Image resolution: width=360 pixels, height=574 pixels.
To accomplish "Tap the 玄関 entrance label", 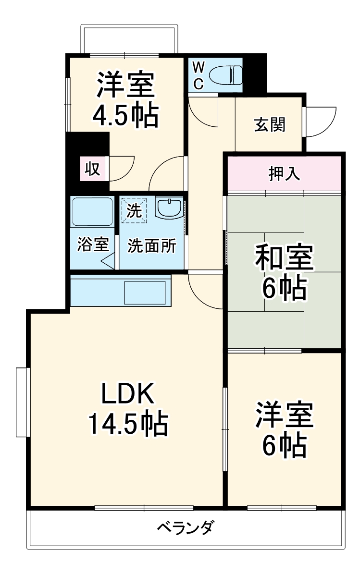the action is (270, 125).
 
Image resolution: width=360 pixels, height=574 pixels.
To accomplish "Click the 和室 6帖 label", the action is (284, 271).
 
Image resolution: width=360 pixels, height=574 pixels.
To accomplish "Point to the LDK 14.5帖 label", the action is (128, 409).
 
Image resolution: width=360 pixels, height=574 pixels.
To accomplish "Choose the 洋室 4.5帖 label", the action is (125, 100).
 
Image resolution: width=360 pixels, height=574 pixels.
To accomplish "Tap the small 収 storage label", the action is (93, 169).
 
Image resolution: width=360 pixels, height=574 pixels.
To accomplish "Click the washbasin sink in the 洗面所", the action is (169, 208).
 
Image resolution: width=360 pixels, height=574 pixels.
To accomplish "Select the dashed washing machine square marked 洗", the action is (134, 210).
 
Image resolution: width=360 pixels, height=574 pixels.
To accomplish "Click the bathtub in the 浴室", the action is (93, 212).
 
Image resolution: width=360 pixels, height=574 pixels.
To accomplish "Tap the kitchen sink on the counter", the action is (145, 293).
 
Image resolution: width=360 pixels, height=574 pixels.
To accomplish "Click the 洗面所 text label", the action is (151, 245).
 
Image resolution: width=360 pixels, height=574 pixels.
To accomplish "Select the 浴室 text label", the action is (93, 244).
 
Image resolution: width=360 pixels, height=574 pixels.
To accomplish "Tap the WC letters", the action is (199, 75).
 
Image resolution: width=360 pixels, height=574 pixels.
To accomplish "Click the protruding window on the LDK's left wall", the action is (22, 402).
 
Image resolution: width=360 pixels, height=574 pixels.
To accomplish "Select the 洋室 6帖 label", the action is (284, 430).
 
